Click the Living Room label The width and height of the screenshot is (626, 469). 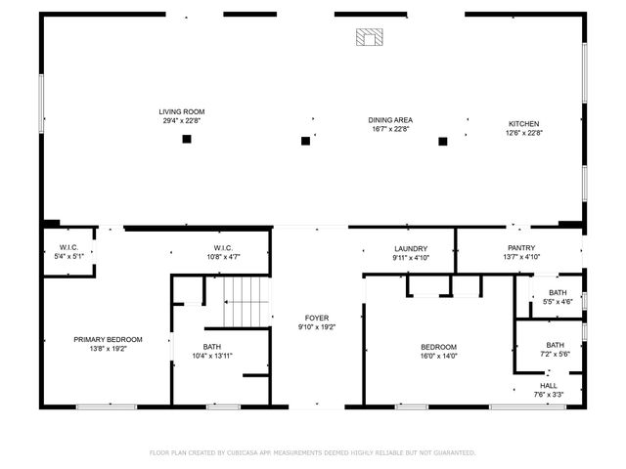pos(182,112)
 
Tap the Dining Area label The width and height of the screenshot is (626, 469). pos(390,120)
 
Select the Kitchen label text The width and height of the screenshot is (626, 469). pos(523,123)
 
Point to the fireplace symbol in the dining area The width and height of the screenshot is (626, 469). pos(369,38)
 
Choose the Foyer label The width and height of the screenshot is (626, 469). pos(316,318)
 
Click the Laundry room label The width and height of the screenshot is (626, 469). pos(412,249)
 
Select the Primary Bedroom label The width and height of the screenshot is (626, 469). pos(108,339)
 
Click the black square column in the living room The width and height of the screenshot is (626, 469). pos(187,139)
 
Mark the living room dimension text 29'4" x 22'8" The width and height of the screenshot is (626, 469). pos(182,121)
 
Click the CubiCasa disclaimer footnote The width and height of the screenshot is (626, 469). pos(313,452)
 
